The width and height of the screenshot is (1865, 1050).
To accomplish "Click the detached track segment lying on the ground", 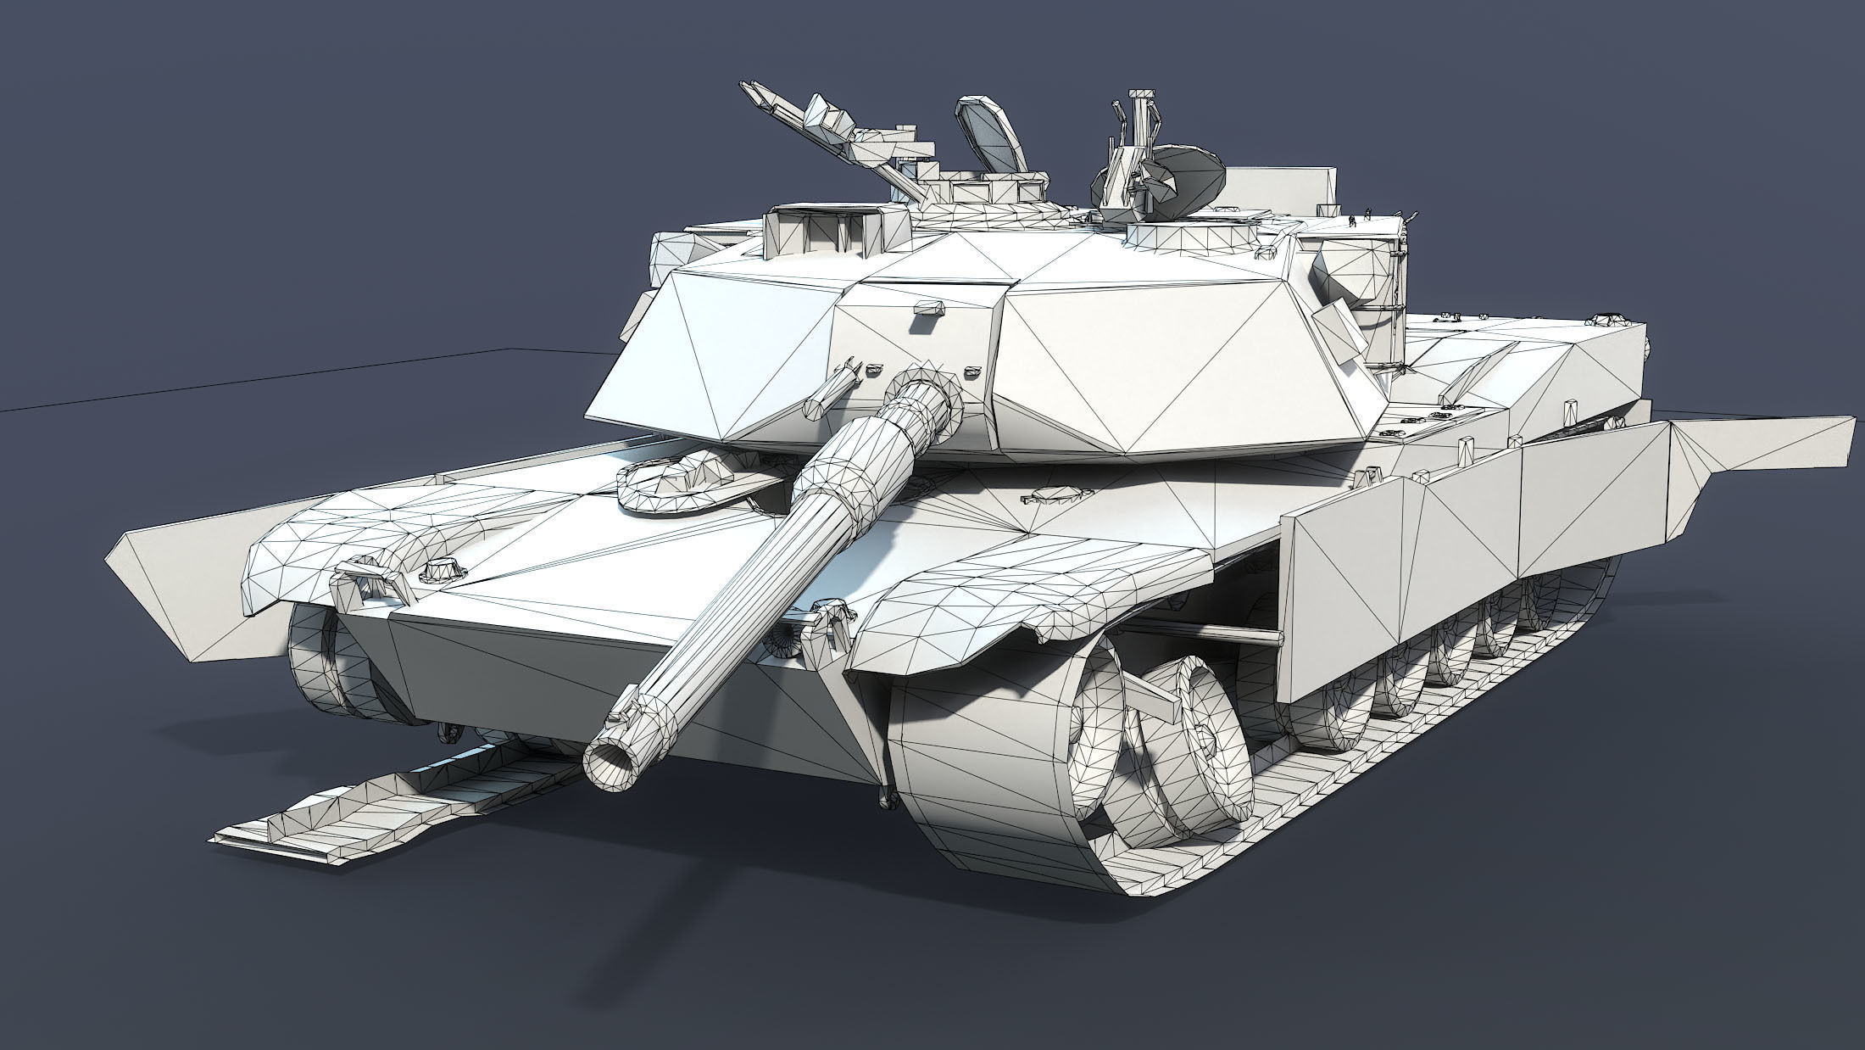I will click(x=381, y=801).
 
